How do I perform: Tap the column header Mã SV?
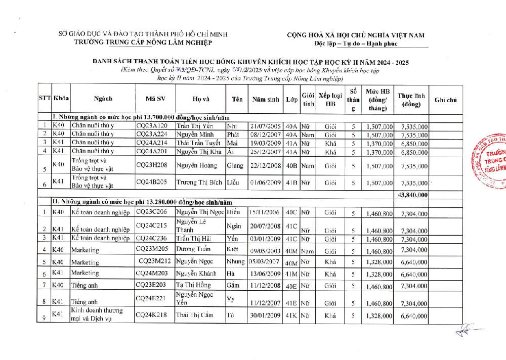pos(155,100)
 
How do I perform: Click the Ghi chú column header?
pos(445,100)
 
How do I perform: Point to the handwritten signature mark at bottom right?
pos(463,331)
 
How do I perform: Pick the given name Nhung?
pos(236,261)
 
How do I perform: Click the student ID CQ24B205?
pos(151,182)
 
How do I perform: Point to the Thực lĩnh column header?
pos(411,100)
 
